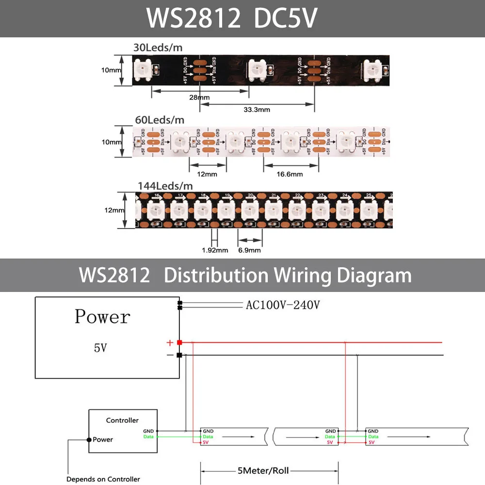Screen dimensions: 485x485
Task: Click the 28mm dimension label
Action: [200, 97]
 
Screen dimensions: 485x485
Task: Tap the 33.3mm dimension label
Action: [257, 110]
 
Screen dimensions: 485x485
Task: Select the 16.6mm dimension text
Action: [290, 174]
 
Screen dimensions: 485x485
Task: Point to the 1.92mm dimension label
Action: [215, 250]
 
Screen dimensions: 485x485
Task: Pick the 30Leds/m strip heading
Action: [159, 48]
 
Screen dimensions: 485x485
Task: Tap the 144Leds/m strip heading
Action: [165, 186]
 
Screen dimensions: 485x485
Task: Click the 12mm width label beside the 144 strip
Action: [114, 210]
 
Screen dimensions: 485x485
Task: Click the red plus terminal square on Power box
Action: [179, 343]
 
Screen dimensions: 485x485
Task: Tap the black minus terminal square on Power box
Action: [179, 356]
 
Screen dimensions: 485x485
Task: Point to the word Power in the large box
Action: [102, 317]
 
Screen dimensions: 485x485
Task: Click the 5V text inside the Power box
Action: [100, 348]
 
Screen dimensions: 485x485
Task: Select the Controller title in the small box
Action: [122, 420]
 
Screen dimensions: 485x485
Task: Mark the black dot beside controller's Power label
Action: [89, 440]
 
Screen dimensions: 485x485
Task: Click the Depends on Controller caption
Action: [103, 479]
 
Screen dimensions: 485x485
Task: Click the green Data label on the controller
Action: [148, 436]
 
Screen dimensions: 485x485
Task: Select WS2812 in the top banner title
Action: [194, 18]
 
